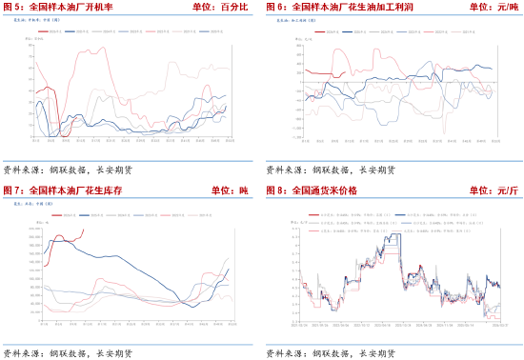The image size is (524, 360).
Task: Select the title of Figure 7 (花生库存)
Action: point(76,191)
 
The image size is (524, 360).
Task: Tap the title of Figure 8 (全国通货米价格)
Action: point(324,191)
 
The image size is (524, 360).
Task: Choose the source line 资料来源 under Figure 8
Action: point(330,353)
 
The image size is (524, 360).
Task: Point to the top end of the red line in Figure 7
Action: point(86,228)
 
